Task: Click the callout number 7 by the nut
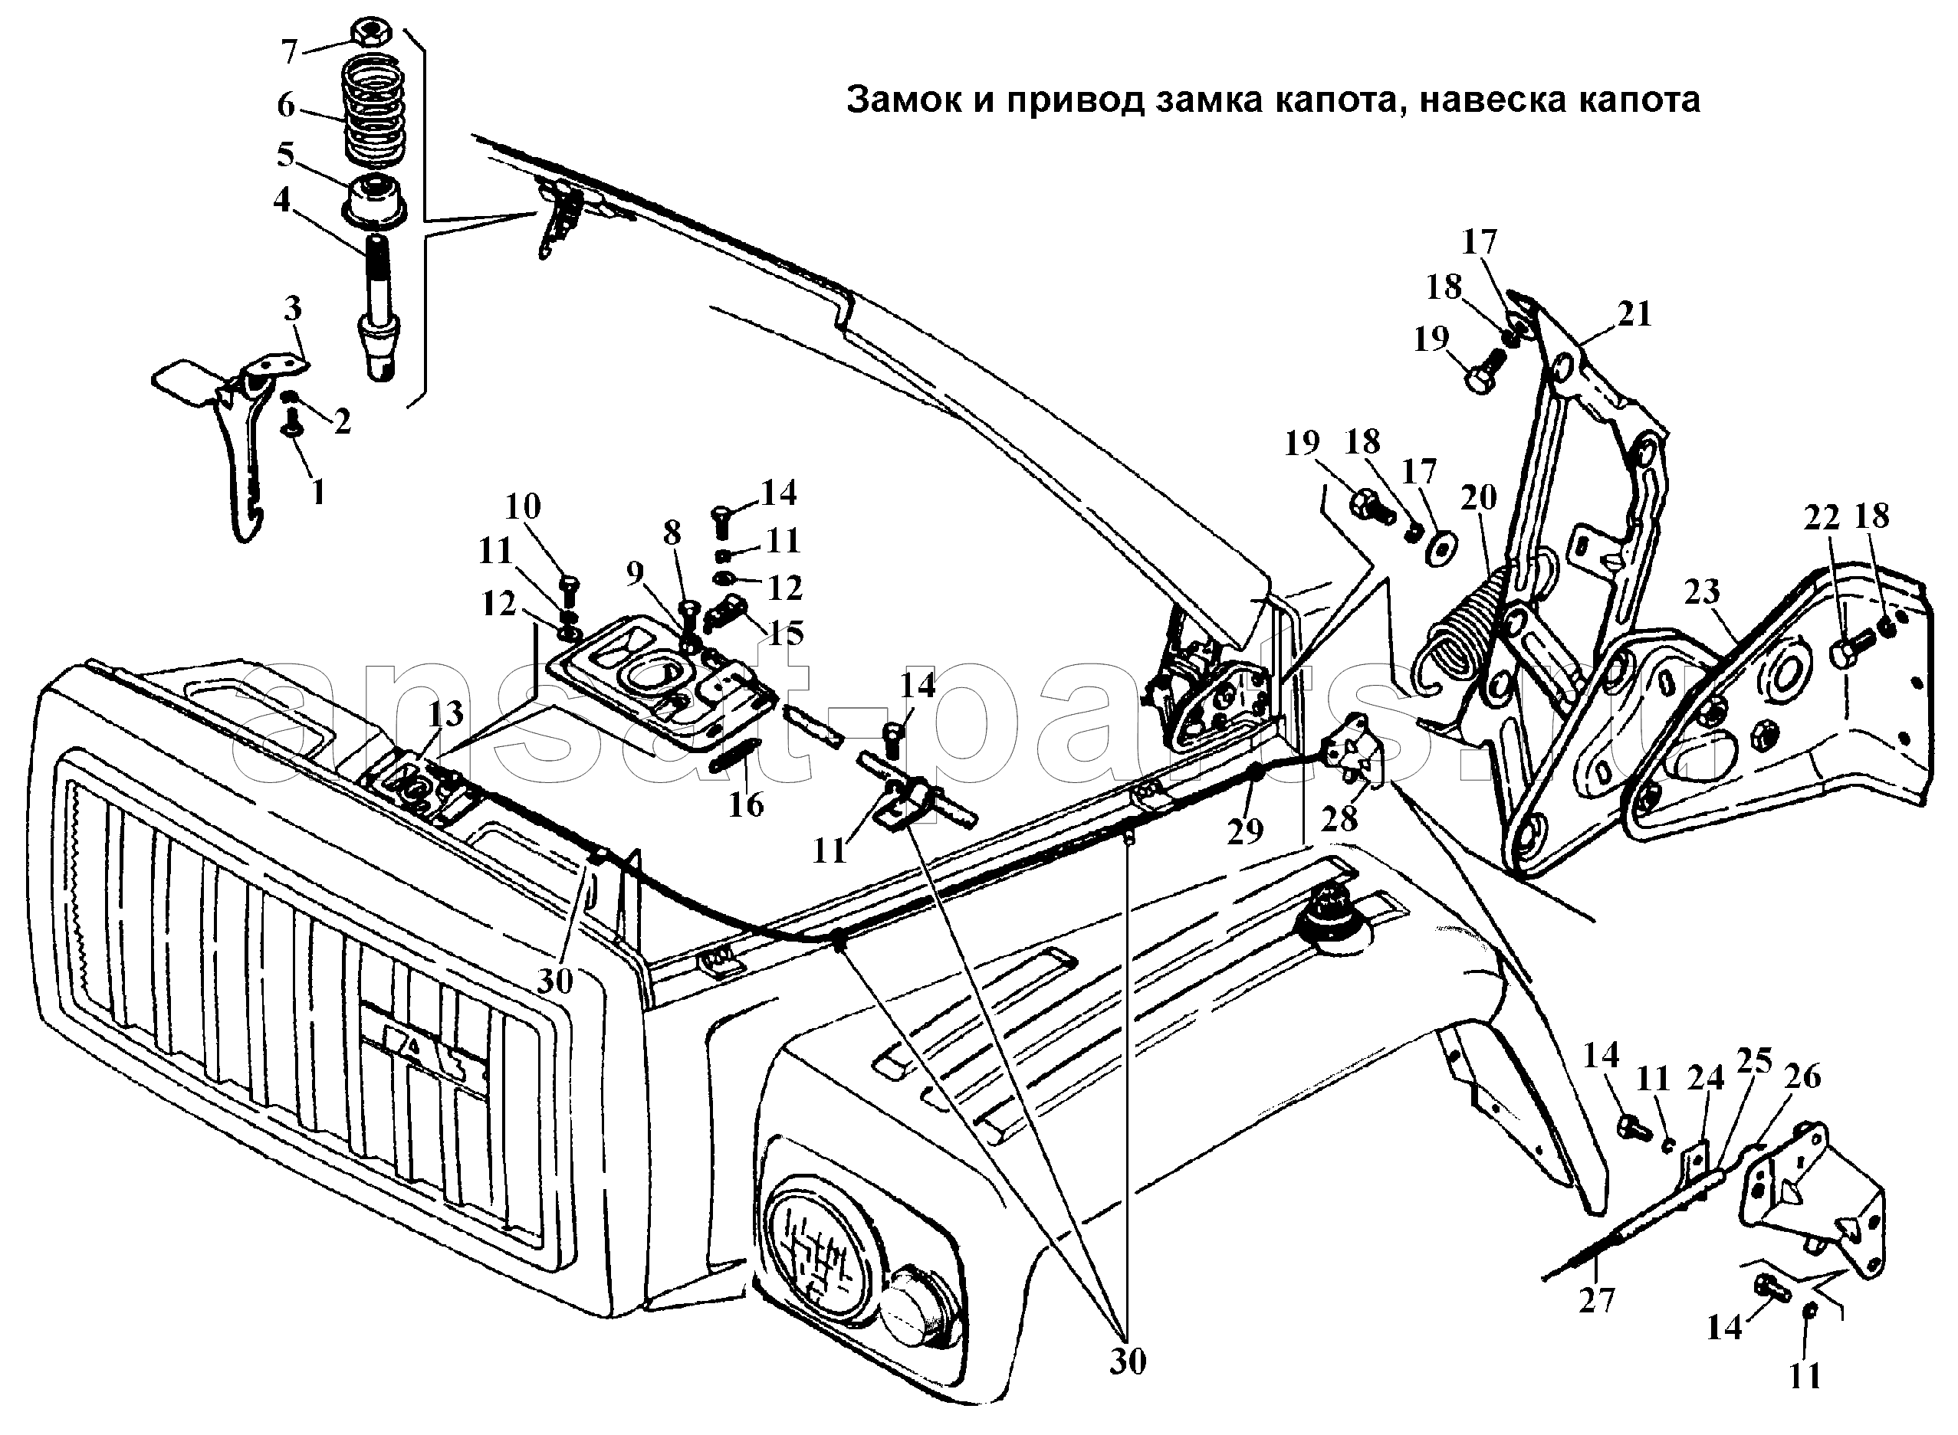tap(289, 52)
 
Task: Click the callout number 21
tap(1634, 313)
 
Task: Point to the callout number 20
tap(1478, 498)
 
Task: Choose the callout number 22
tap(1822, 518)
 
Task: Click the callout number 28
tap(1339, 818)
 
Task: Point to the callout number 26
tap(1802, 1076)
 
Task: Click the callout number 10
tap(522, 506)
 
